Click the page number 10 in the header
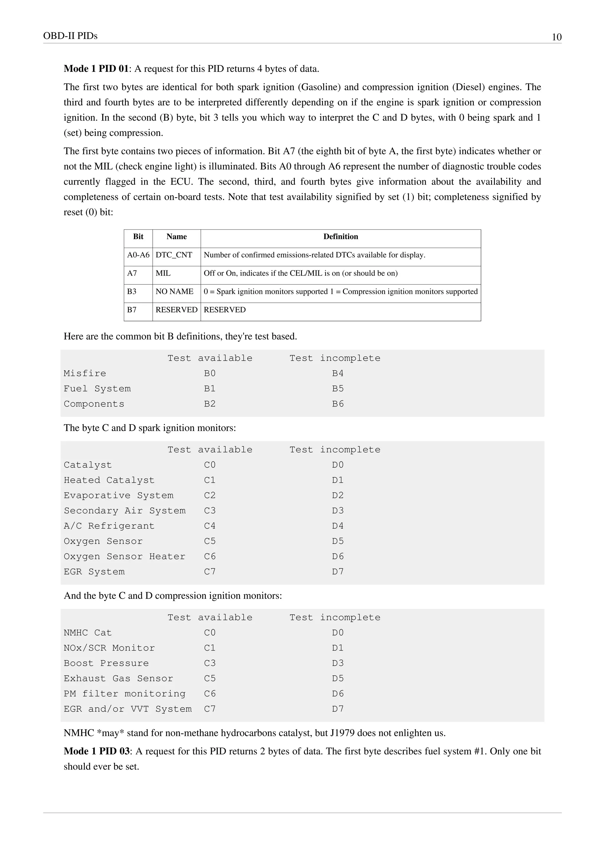pyautogui.click(x=556, y=37)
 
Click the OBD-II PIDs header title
pyautogui.click(x=70, y=36)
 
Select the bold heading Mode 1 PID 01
pyautogui.click(x=96, y=69)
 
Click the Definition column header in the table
pyautogui.click(x=341, y=237)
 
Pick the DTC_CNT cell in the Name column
pyautogui.click(x=174, y=255)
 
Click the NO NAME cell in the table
pyautogui.click(x=174, y=291)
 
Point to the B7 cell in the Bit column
pyautogui.click(x=132, y=310)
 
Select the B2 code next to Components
pyautogui.click(x=210, y=404)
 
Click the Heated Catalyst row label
pyautogui.click(x=109, y=481)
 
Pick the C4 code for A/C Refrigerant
pyautogui.click(x=210, y=526)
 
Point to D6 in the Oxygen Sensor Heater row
pyautogui.click(x=338, y=557)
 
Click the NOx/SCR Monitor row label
pyautogui.click(x=109, y=648)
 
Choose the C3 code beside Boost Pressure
pyautogui.click(x=210, y=664)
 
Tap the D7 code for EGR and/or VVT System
pyautogui.click(x=338, y=709)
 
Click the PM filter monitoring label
pyautogui.click(x=124, y=694)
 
